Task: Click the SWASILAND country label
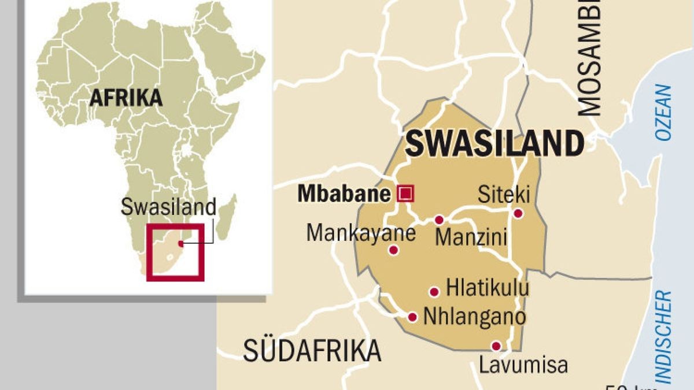coord(494,144)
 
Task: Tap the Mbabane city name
coord(344,194)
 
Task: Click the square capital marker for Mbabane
coord(406,193)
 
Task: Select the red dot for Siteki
coord(518,213)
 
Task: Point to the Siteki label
coord(503,195)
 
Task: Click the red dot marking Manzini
coord(439,220)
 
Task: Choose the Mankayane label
coord(361,233)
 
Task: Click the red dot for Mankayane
coord(394,250)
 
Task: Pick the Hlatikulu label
coord(488,288)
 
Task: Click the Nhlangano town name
coord(475,316)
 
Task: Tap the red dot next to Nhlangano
coord(412,317)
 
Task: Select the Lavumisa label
coord(523,365)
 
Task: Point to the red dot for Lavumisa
coord(496,346)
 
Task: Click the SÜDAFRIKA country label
coord(312,351)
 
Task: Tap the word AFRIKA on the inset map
coord(125,98)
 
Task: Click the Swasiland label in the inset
coord(168,207)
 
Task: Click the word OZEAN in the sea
coord(664,113)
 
